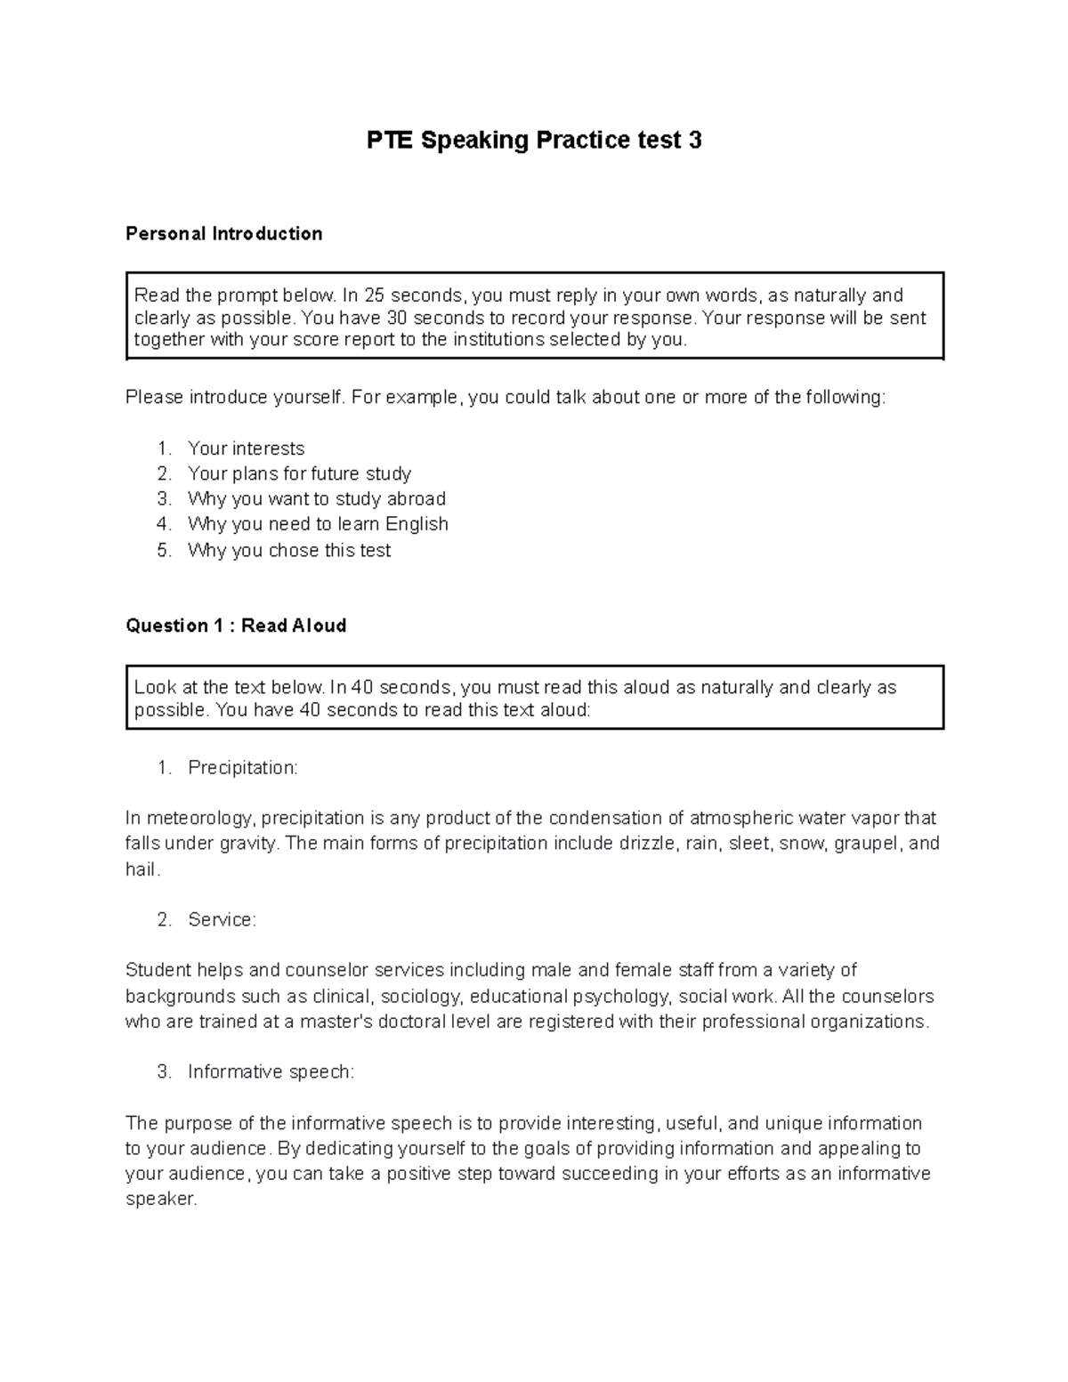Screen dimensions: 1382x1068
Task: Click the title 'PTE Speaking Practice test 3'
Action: [534, 141]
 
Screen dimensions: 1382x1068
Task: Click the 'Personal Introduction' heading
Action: [223, 234]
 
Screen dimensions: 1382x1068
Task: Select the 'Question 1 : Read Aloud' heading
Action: [236, 626]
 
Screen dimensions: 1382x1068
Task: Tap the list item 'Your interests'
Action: [246, 449]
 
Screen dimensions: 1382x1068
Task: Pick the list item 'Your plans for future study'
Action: [299, 473]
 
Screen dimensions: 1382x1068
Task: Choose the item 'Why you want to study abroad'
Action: [316, 498]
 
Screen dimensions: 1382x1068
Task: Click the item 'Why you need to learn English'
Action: [318, 524]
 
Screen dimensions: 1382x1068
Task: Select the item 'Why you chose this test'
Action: [289, 550]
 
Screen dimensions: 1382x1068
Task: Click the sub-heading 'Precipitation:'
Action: [242, 768]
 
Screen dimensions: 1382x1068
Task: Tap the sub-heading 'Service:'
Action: [222, 920]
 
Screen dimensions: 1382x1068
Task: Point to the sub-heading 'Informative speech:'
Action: [271, 1072]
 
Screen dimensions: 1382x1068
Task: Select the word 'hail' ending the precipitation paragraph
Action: [141, 869]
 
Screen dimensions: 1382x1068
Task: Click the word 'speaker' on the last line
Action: [158, 1199]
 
